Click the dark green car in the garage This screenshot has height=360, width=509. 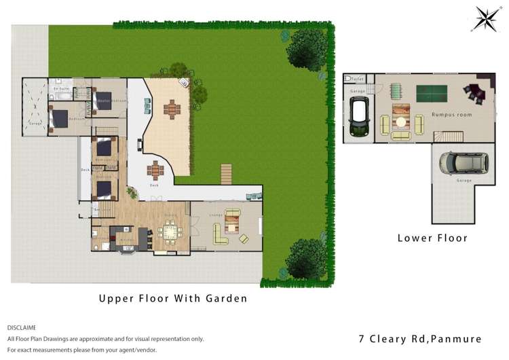click(x=358, y=117)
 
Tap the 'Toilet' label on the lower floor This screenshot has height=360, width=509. click(x=358, y=79)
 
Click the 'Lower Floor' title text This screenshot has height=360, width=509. click(x=432, y=238)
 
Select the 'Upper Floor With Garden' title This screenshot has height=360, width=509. click(x=172, y=298)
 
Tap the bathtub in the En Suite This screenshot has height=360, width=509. click(x=59, y=97)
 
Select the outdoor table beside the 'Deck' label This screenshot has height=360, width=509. click(x=156, y=168)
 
